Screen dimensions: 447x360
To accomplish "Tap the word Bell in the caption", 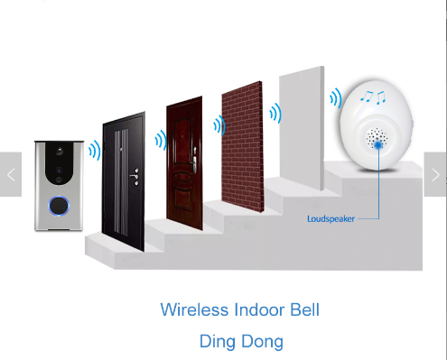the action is point(303,310).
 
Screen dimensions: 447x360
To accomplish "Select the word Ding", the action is point(217,341).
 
